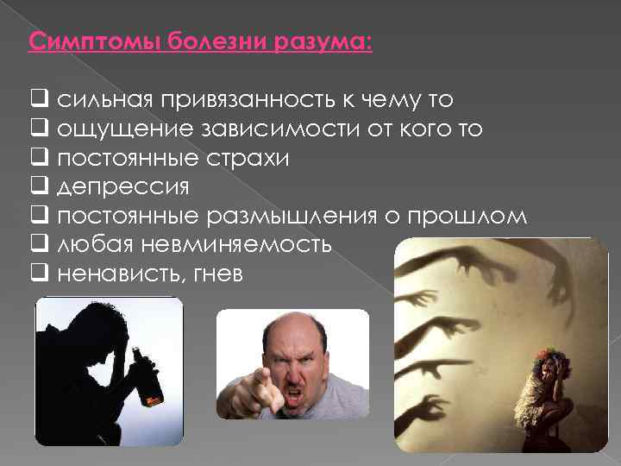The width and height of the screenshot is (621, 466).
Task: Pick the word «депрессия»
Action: (123, 187)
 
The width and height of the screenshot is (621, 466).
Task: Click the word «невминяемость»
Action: (232, 245)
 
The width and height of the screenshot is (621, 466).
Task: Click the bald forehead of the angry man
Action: (300, 332)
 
